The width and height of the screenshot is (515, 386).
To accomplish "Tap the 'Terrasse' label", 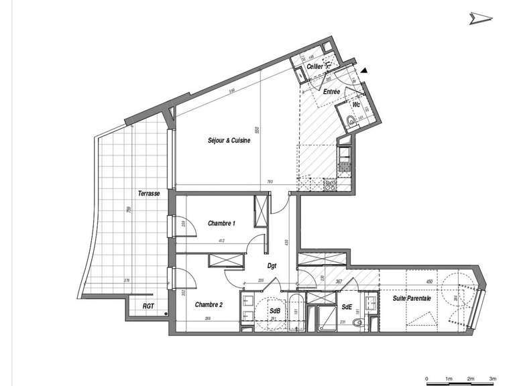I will coord(148,193).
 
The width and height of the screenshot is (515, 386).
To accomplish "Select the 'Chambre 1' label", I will coord(221,222).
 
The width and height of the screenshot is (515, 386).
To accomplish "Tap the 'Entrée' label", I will coord(331,92).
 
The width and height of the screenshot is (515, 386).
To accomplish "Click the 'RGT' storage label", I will coord(148,306).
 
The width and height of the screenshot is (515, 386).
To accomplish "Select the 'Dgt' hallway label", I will coord(273,266).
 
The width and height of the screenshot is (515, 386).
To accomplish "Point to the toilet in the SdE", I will coord(358,323).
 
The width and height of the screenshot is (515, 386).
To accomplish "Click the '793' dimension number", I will coord(269,182).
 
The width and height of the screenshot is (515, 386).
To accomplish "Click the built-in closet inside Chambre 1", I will coord(259,213).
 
